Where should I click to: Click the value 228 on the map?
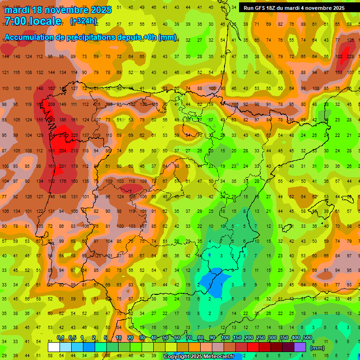[351, 57]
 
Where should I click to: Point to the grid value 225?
[74, 135]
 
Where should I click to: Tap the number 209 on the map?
[51, 105]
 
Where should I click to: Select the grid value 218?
[63, 135]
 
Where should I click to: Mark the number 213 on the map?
[74, 151]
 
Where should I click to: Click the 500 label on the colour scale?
[307, 338]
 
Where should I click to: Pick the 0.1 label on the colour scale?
[60, 338]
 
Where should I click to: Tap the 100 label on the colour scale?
[225, 338]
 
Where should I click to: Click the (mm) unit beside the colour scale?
[317, 348]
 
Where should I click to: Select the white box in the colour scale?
[53, 347]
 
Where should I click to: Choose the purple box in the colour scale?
[300, 347]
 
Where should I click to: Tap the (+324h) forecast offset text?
[83, 21]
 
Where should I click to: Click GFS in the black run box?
[262, 8]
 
